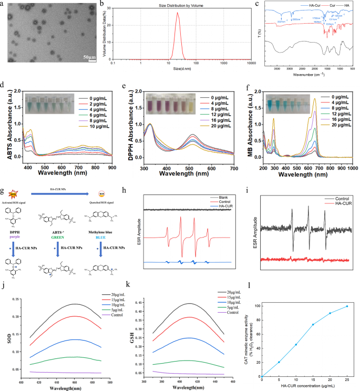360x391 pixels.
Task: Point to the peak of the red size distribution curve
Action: point(178,13)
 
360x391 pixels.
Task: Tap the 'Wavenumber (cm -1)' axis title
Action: point(311,74)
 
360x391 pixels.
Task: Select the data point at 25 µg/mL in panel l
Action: point(347,306)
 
